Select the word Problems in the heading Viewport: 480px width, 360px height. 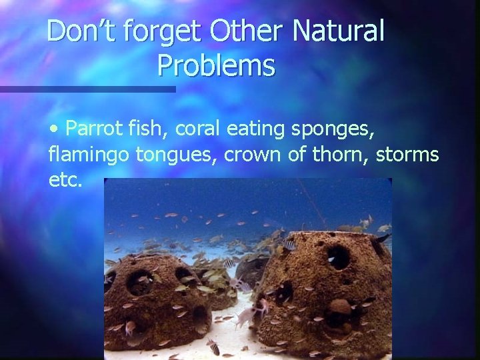[x=216, y=65]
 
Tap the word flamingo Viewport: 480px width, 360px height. [x=89, y=156]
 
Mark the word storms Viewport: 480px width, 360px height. [x=407, y=155]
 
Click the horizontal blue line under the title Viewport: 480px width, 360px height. [x=87, y=89]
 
